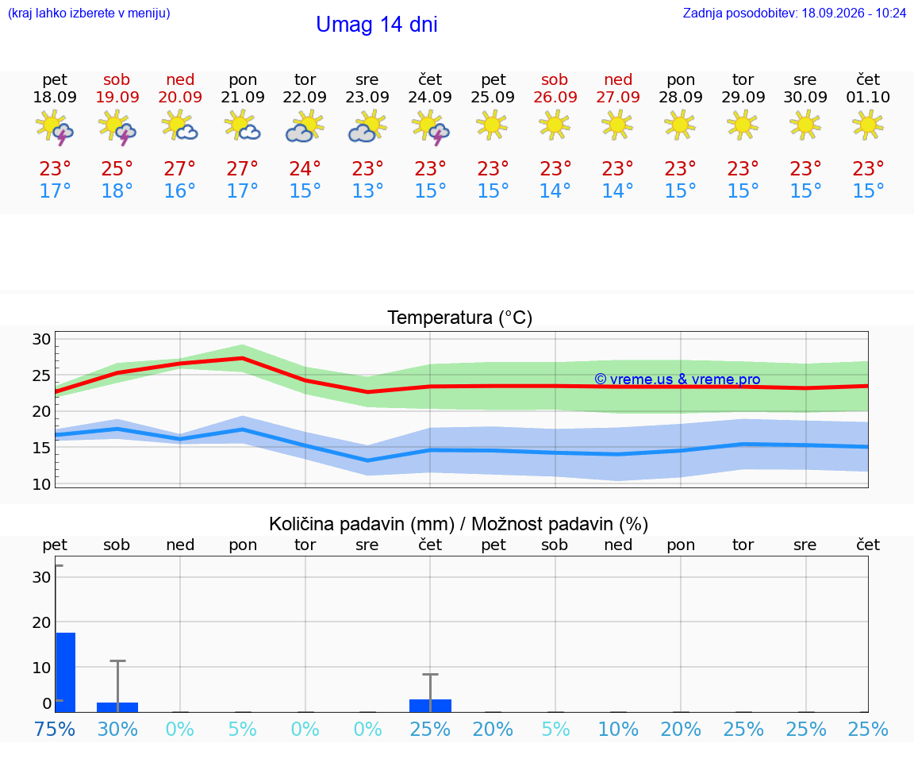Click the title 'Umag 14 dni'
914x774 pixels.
click(x=377, y=25)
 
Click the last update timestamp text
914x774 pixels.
click(x=794, y=13)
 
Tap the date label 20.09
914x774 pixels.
click(x=180, y=97)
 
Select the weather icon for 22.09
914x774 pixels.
click(x=305, y=126)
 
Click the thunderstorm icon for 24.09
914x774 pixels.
click(x=430, y=127)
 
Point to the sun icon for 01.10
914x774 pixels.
click(x=868, y=125)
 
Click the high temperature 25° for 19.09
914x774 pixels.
click(x=117, y=168)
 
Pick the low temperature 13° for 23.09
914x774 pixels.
click(x=367, y=191)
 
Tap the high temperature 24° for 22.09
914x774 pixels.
click(x=305, y=168)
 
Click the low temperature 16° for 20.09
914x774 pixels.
click(x=179, y=191)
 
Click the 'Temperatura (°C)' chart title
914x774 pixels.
click(x=460, y=318)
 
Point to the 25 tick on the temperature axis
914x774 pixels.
click(x=41, y=375)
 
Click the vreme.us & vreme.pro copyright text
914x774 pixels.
click(x=678, y=379)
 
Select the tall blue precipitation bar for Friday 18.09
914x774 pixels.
click(x=66, y=672)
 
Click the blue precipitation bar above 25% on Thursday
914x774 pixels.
click(x=430, y=705)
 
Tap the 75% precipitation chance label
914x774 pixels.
click(x=55, y=729)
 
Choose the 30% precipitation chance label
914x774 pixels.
click(x=117, y=729)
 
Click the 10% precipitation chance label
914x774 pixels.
click(x=619, y=729)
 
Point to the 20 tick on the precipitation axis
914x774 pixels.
click(x=41, y=622)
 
